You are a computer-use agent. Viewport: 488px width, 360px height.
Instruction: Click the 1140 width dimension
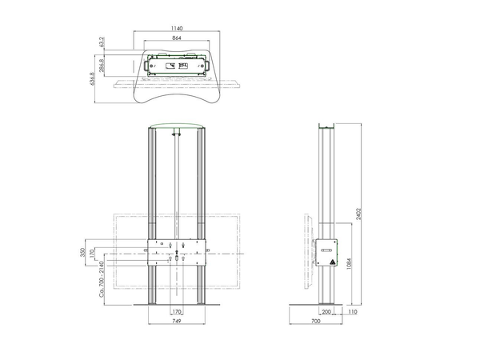tap(177, 28)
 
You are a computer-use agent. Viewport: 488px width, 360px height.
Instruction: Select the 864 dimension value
tap(177, 38)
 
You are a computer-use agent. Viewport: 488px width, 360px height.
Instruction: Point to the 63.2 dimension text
tap(102, 42)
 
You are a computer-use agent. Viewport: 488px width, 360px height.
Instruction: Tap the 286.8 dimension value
tap(102, 66)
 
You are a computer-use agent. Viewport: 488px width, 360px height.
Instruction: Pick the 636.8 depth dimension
tap(92, 78)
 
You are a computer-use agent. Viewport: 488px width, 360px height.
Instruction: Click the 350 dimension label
tap(82, 252)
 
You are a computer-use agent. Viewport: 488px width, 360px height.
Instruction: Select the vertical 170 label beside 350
tap(92, 254)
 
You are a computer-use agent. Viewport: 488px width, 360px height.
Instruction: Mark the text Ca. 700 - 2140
tap(102, 279)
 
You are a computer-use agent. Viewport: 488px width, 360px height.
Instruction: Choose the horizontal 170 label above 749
tap(177, 311)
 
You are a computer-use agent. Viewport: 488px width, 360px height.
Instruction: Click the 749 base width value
tap(177, 321)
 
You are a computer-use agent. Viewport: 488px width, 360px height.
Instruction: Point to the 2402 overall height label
tap(358, 214)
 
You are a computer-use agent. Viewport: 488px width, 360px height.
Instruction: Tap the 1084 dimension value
tap(349, 263)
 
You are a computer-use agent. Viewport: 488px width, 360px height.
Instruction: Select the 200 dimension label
tap(326, 311)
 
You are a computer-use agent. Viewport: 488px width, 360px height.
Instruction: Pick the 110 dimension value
tap(353, 311)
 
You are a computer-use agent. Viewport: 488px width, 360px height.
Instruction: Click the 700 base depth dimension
tap(315, 321)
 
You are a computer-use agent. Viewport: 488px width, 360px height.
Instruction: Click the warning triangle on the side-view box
tap(333, 262)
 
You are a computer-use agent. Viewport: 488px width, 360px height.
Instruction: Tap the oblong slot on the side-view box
tap(326, 250)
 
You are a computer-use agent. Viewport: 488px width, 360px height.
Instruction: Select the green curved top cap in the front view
tap(177, 126)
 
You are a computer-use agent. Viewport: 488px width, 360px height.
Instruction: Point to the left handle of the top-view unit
tap(146, 66)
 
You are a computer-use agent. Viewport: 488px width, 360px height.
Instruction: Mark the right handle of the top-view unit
tap(207, 66)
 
